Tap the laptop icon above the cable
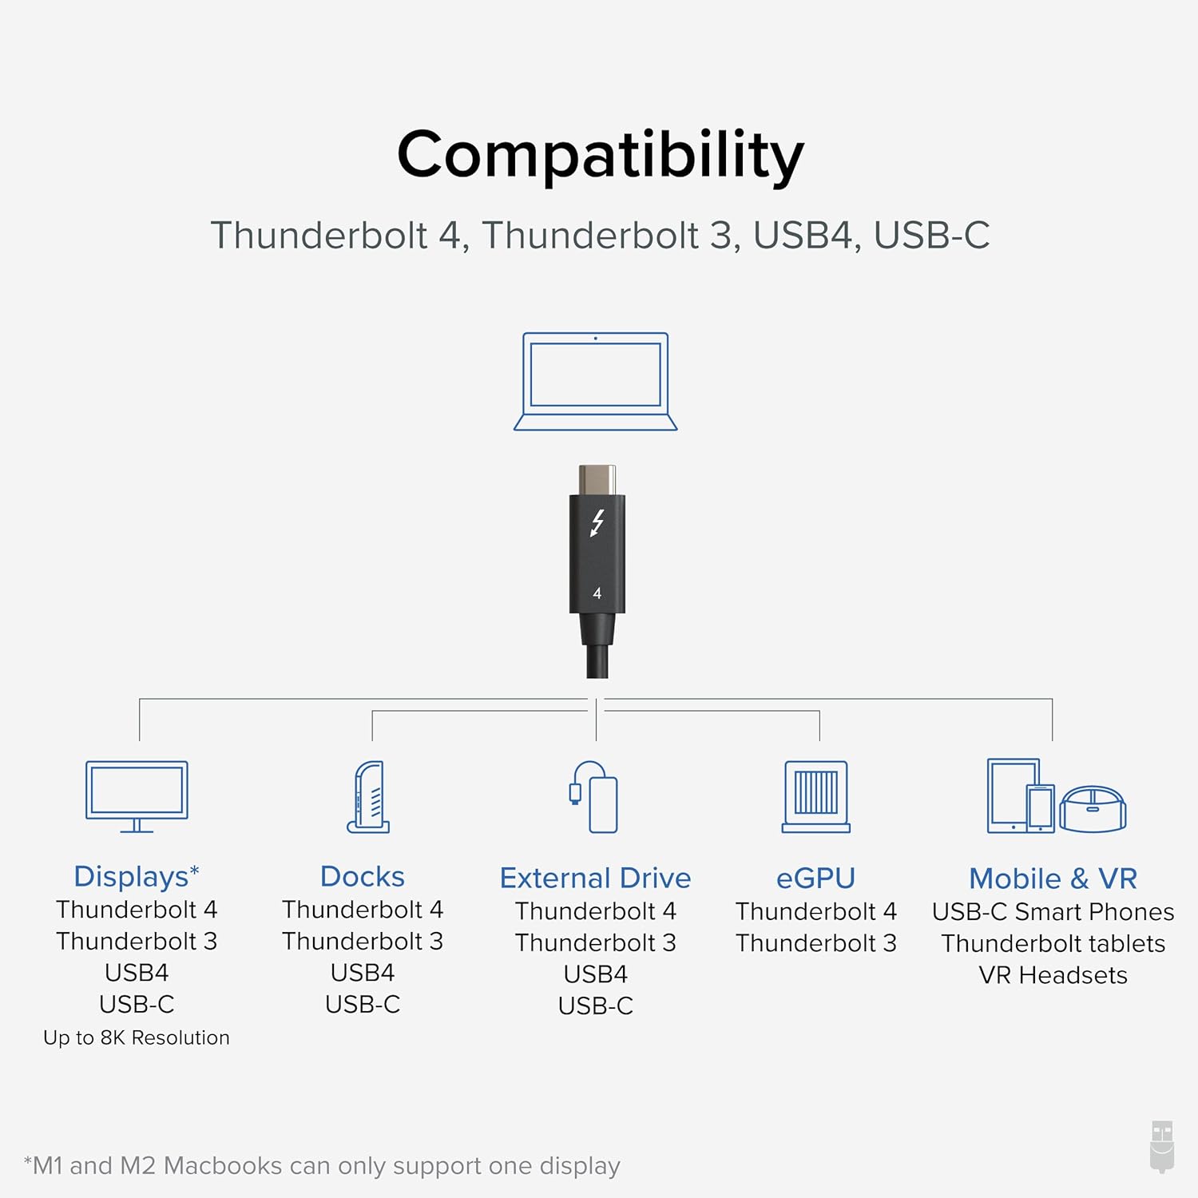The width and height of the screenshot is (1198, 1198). click(596, 382)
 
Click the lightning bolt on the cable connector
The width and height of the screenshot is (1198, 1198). click(597, 523)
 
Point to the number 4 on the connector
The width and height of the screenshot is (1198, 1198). click(597, 593)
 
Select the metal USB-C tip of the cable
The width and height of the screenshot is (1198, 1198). click(597, 480)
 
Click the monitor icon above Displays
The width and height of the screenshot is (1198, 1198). click(137, 795)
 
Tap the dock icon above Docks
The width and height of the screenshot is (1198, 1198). click(369, 797)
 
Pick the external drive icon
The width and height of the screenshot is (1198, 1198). click(595, 797)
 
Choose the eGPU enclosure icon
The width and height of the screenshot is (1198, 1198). click(815, 796)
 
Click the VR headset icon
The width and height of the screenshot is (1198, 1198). click(1093, 808)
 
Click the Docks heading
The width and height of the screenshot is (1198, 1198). click(362, 876)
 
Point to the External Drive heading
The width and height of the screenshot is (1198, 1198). click(595, 878)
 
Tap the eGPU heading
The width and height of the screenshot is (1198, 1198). click(815, 878)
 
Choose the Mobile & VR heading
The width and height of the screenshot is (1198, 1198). click(1053, 879)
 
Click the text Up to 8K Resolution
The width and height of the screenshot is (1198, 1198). click(137, 1037)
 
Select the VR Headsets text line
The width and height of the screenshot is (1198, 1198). click(1053, 975)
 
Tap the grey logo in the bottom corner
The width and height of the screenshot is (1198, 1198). click(1162, 1146)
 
